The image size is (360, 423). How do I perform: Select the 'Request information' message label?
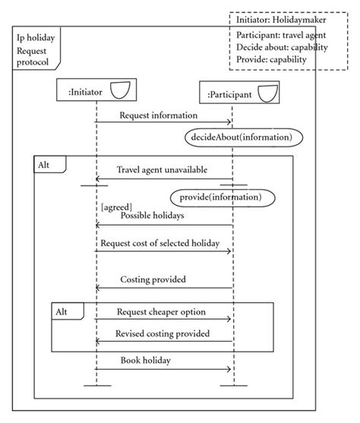click(158, 115)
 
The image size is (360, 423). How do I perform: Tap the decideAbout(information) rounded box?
click(242, 137)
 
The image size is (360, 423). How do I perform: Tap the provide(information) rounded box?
click(221, 197)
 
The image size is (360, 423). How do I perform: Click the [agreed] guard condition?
click(116, 206)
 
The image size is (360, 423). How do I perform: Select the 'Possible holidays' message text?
click(151, 216)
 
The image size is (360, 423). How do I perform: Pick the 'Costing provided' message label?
click(153, 280)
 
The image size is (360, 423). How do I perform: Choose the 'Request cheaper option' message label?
click(161, 312)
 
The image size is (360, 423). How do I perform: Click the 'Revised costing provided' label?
click(162, 333)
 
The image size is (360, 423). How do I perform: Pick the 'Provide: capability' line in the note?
click(271, 59)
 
